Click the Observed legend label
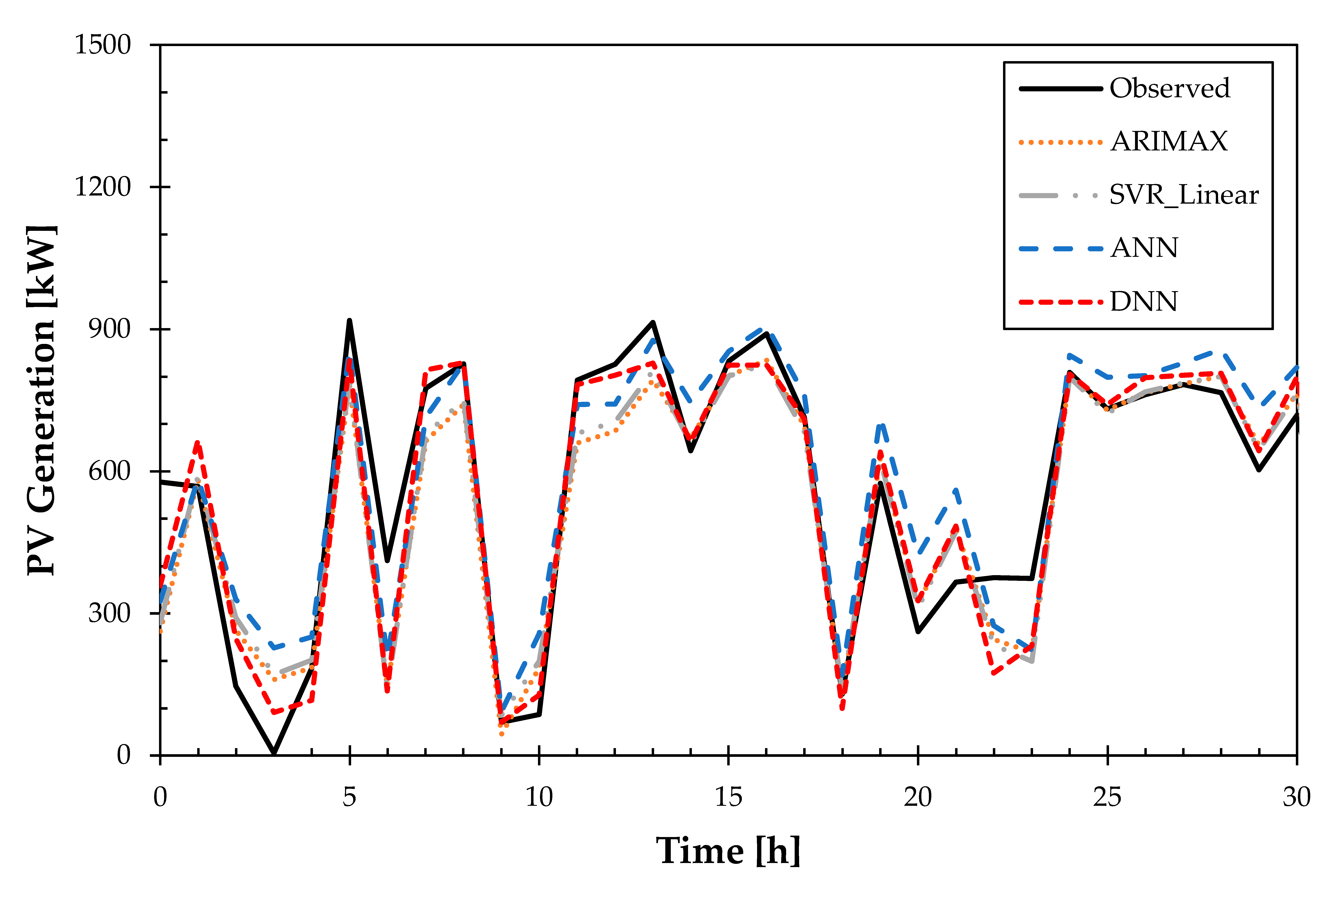(1169, 88)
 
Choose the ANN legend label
(1143, 248)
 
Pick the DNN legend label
(1143, 301)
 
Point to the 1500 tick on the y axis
(103, 45)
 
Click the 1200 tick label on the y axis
(103, 187)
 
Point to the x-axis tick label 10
(539, 797)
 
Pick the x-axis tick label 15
(728, 797)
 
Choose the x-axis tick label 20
(918, 797)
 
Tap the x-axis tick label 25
(1107, 797)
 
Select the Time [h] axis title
(728, 851)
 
